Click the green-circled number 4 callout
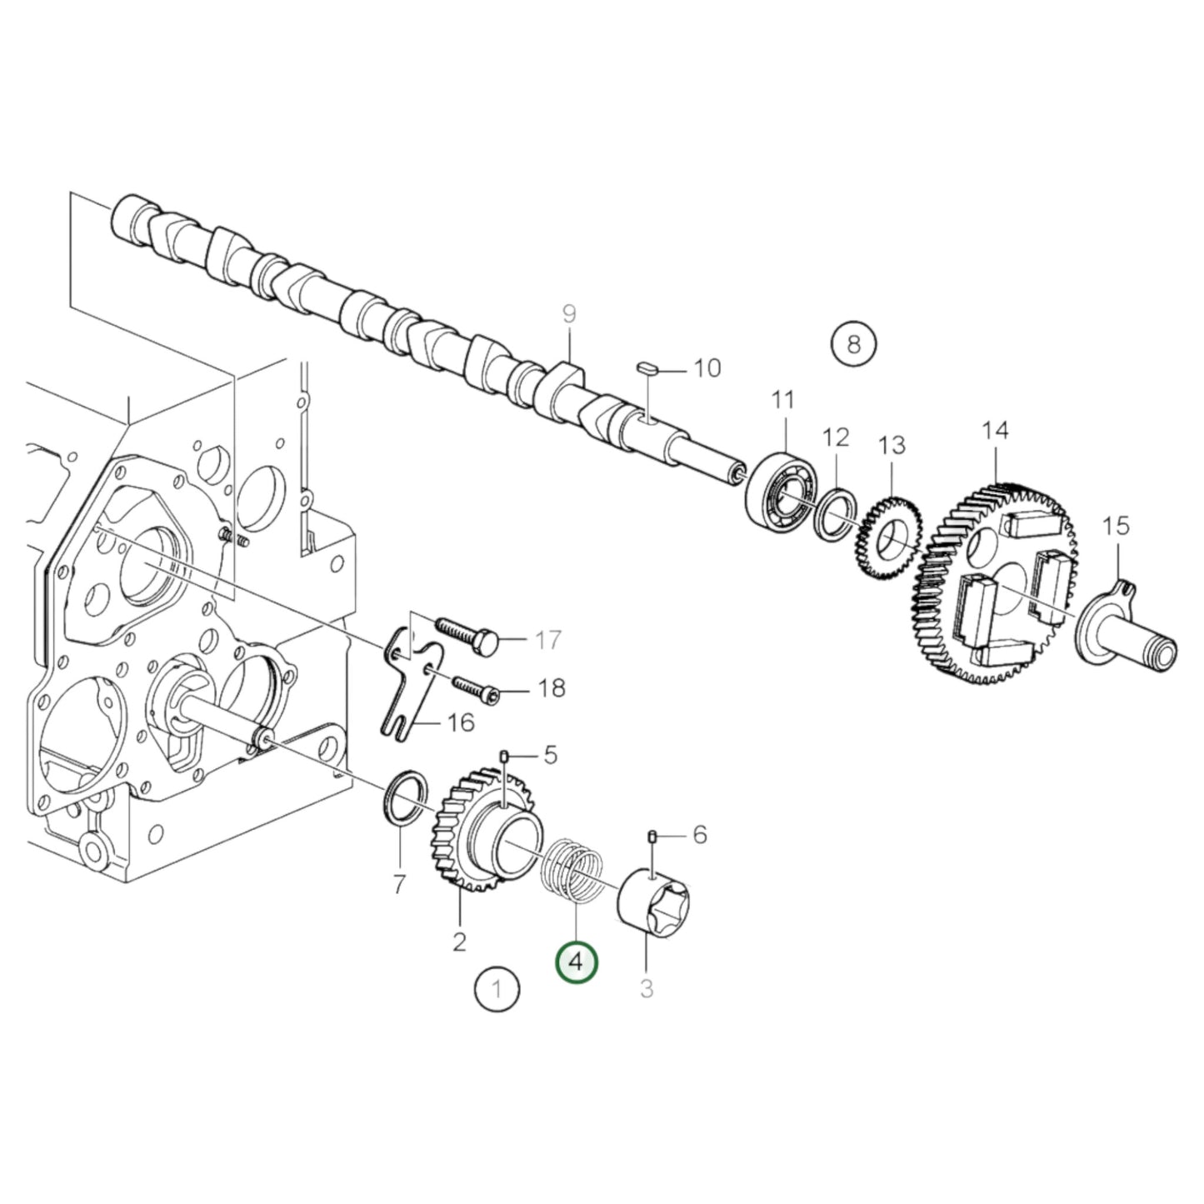[x=576, y=979]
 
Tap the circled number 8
[x=853, y=343]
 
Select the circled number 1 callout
[x=497, y=1007]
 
